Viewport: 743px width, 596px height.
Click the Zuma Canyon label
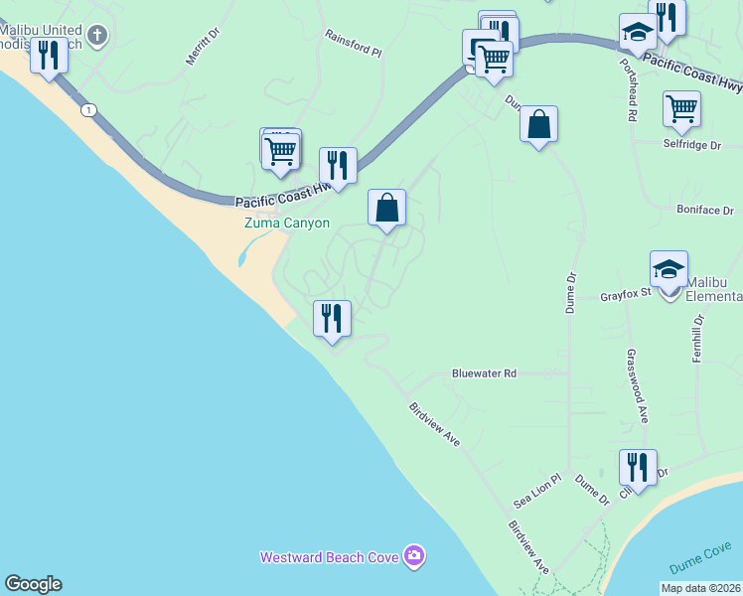click(287, 223)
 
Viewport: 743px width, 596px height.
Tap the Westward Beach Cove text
click(330, 557)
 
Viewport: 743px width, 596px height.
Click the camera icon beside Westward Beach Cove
click(414, 556)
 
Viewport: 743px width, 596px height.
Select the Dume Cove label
click(699, 566)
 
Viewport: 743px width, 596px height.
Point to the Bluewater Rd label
click(484, 374)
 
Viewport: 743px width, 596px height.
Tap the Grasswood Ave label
click(637, 385)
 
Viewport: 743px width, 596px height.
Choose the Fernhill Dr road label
click(698, 338)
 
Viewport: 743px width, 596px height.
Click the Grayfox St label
click(626, 295)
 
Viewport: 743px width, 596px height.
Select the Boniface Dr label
click(705, 211)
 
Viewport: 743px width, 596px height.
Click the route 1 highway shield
click(89, 110)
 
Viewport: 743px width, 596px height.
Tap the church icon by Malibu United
click(97, 36)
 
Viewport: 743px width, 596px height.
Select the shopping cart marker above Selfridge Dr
click(681, 109)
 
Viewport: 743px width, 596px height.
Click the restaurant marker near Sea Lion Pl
click(638, 468)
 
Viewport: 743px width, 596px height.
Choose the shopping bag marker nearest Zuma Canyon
click(387, 209)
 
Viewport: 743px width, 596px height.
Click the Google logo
click(33, 584)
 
